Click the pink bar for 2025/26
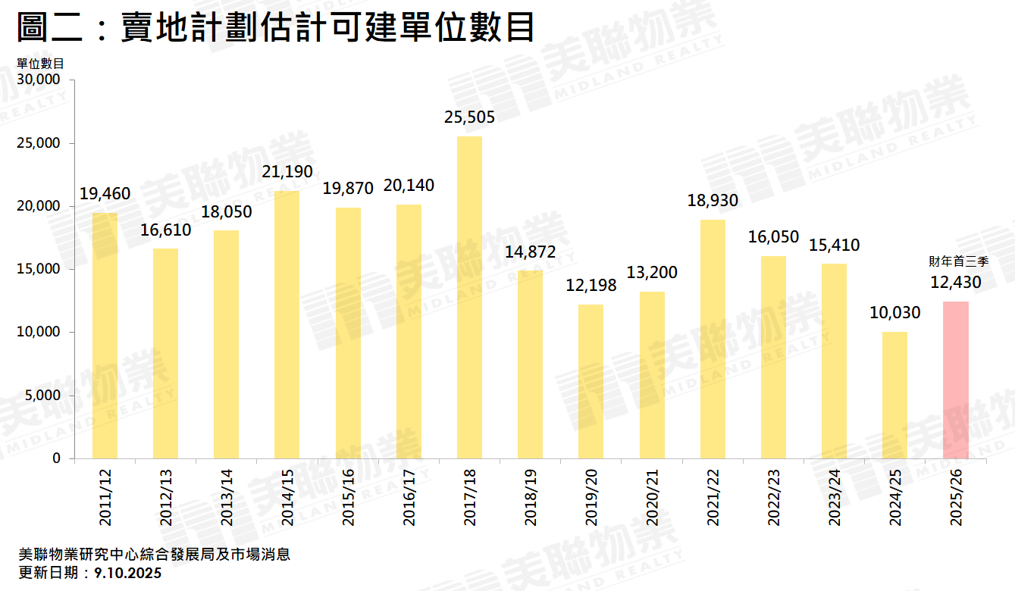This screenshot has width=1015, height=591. (955, 380)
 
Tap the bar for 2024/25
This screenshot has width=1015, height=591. (894, 395)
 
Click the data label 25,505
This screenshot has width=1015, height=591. (469, 117)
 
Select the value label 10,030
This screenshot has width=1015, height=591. (894, 313)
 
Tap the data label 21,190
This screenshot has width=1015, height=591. (287, 172)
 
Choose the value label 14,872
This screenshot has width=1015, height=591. (530, 252)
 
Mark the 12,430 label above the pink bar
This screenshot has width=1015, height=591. (955, 283)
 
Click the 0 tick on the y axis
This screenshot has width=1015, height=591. (58, 458)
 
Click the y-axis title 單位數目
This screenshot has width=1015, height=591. (39, 63)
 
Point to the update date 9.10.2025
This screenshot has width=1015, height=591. (128, 574)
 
